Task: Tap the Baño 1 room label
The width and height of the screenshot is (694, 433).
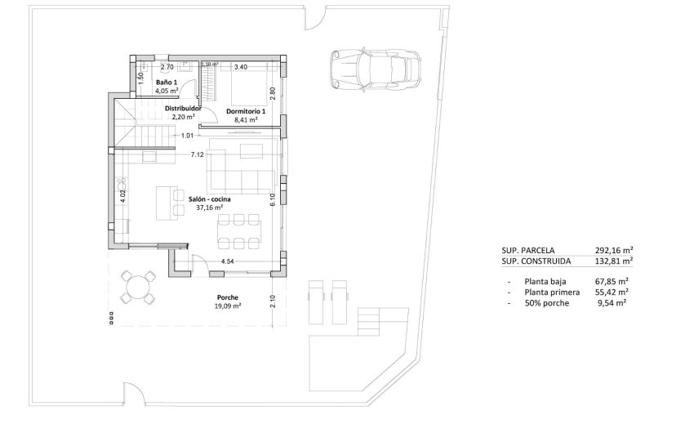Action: click(x=167, y=83)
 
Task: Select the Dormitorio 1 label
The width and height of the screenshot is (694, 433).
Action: click(x=245, y=110)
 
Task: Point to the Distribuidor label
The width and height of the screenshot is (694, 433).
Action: click(x=184, y=108)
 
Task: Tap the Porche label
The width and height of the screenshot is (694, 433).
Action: click(x=228, y=297)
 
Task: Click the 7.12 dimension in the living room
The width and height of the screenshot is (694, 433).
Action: click(x=197, y=154)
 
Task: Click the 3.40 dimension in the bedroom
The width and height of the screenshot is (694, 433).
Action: click(x=241, y=67)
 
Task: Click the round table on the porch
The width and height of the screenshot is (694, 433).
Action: click(x=140, y=287)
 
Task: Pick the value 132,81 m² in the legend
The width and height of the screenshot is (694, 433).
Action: click(x=615, y=261)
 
